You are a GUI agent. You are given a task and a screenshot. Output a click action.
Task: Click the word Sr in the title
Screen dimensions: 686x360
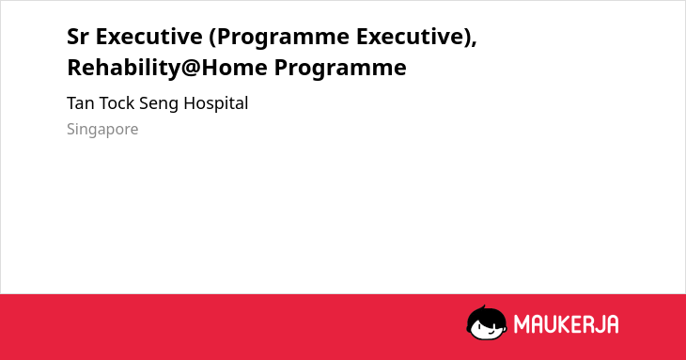pyautogui.click(x=77, y=37)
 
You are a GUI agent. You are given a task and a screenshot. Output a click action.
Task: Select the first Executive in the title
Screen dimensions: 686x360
pyautogui.click(x=148, y=37)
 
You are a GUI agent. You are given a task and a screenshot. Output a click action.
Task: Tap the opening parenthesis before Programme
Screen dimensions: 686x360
pyautogui.click(x=212, y=37)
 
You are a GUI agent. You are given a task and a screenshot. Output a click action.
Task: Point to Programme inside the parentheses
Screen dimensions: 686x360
pyautogui.click(x=283, y=39)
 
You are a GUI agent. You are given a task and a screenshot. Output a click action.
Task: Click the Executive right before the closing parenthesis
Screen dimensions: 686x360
pyautogui.click(x=410, y=37)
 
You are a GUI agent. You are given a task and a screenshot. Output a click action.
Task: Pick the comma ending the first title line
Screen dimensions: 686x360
pyautogui.click(x=474, y=43)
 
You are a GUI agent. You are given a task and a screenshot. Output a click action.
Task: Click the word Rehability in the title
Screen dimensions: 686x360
pyautogui.click(x=123, y=68)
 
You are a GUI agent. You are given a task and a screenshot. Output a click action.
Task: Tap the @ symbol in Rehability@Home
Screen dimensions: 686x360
pyautogui.click(x=191, y=69)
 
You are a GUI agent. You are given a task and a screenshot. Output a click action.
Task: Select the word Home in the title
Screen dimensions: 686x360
pyautogui.click(x=234, y=68)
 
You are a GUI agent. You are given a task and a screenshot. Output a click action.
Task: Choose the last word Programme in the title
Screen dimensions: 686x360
pyautogui.click(x=340, y=70)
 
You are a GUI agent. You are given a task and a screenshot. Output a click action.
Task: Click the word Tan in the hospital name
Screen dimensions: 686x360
pyautogui.click(x=81, y=103)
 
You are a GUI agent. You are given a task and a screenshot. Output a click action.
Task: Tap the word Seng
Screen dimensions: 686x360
pyautogui.click(x=159, y=105)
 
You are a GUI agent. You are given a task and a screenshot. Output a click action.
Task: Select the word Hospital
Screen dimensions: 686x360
pyautogui.click(x=216, y=104)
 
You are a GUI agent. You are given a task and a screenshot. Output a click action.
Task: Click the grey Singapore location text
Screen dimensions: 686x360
pyautogui.click(x=102, y=130)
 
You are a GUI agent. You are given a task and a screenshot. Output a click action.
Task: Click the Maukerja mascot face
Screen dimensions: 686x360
pyautogui.click(x=487, y=323)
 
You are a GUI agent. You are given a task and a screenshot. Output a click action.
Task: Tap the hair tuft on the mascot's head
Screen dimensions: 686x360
pyautogui.click(x=483, y=308)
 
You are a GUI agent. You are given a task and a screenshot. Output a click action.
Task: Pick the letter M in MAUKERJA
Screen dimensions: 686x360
pyautogui.click(x=522, y=324)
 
